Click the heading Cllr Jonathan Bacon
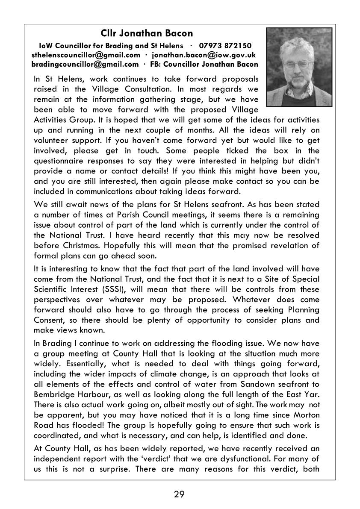point(147,33)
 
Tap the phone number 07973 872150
point(225,45)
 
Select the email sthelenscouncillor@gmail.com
point(86,55)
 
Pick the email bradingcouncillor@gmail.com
point(85,65)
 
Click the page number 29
point(180,494)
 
